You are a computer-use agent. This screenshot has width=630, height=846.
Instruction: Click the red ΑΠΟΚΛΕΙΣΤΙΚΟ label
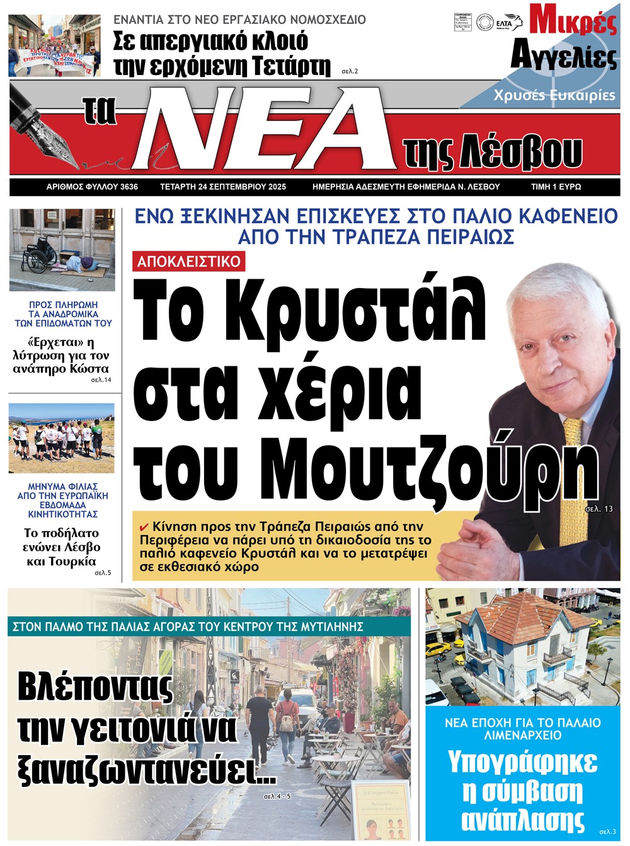188,262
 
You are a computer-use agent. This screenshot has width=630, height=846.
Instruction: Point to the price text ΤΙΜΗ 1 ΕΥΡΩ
556,187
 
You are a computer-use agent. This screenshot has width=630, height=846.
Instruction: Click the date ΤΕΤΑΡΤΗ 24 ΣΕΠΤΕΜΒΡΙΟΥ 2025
223,187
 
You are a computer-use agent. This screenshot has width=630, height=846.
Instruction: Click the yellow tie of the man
573,441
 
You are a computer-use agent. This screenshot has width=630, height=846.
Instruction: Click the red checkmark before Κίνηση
144,527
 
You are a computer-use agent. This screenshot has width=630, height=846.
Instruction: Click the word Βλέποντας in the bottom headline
94,687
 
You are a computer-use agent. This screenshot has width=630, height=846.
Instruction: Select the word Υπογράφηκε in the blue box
522,762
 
